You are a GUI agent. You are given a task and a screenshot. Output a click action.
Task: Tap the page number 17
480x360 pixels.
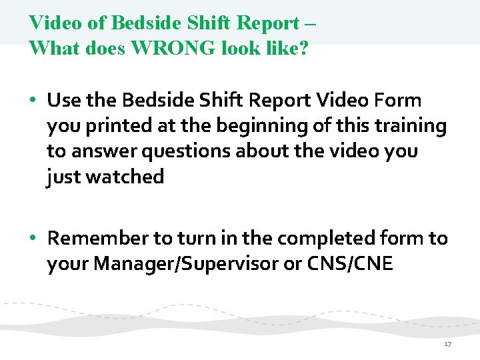(x=447, y=344)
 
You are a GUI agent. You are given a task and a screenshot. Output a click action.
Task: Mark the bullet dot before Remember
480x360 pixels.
(x=33, y=239)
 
